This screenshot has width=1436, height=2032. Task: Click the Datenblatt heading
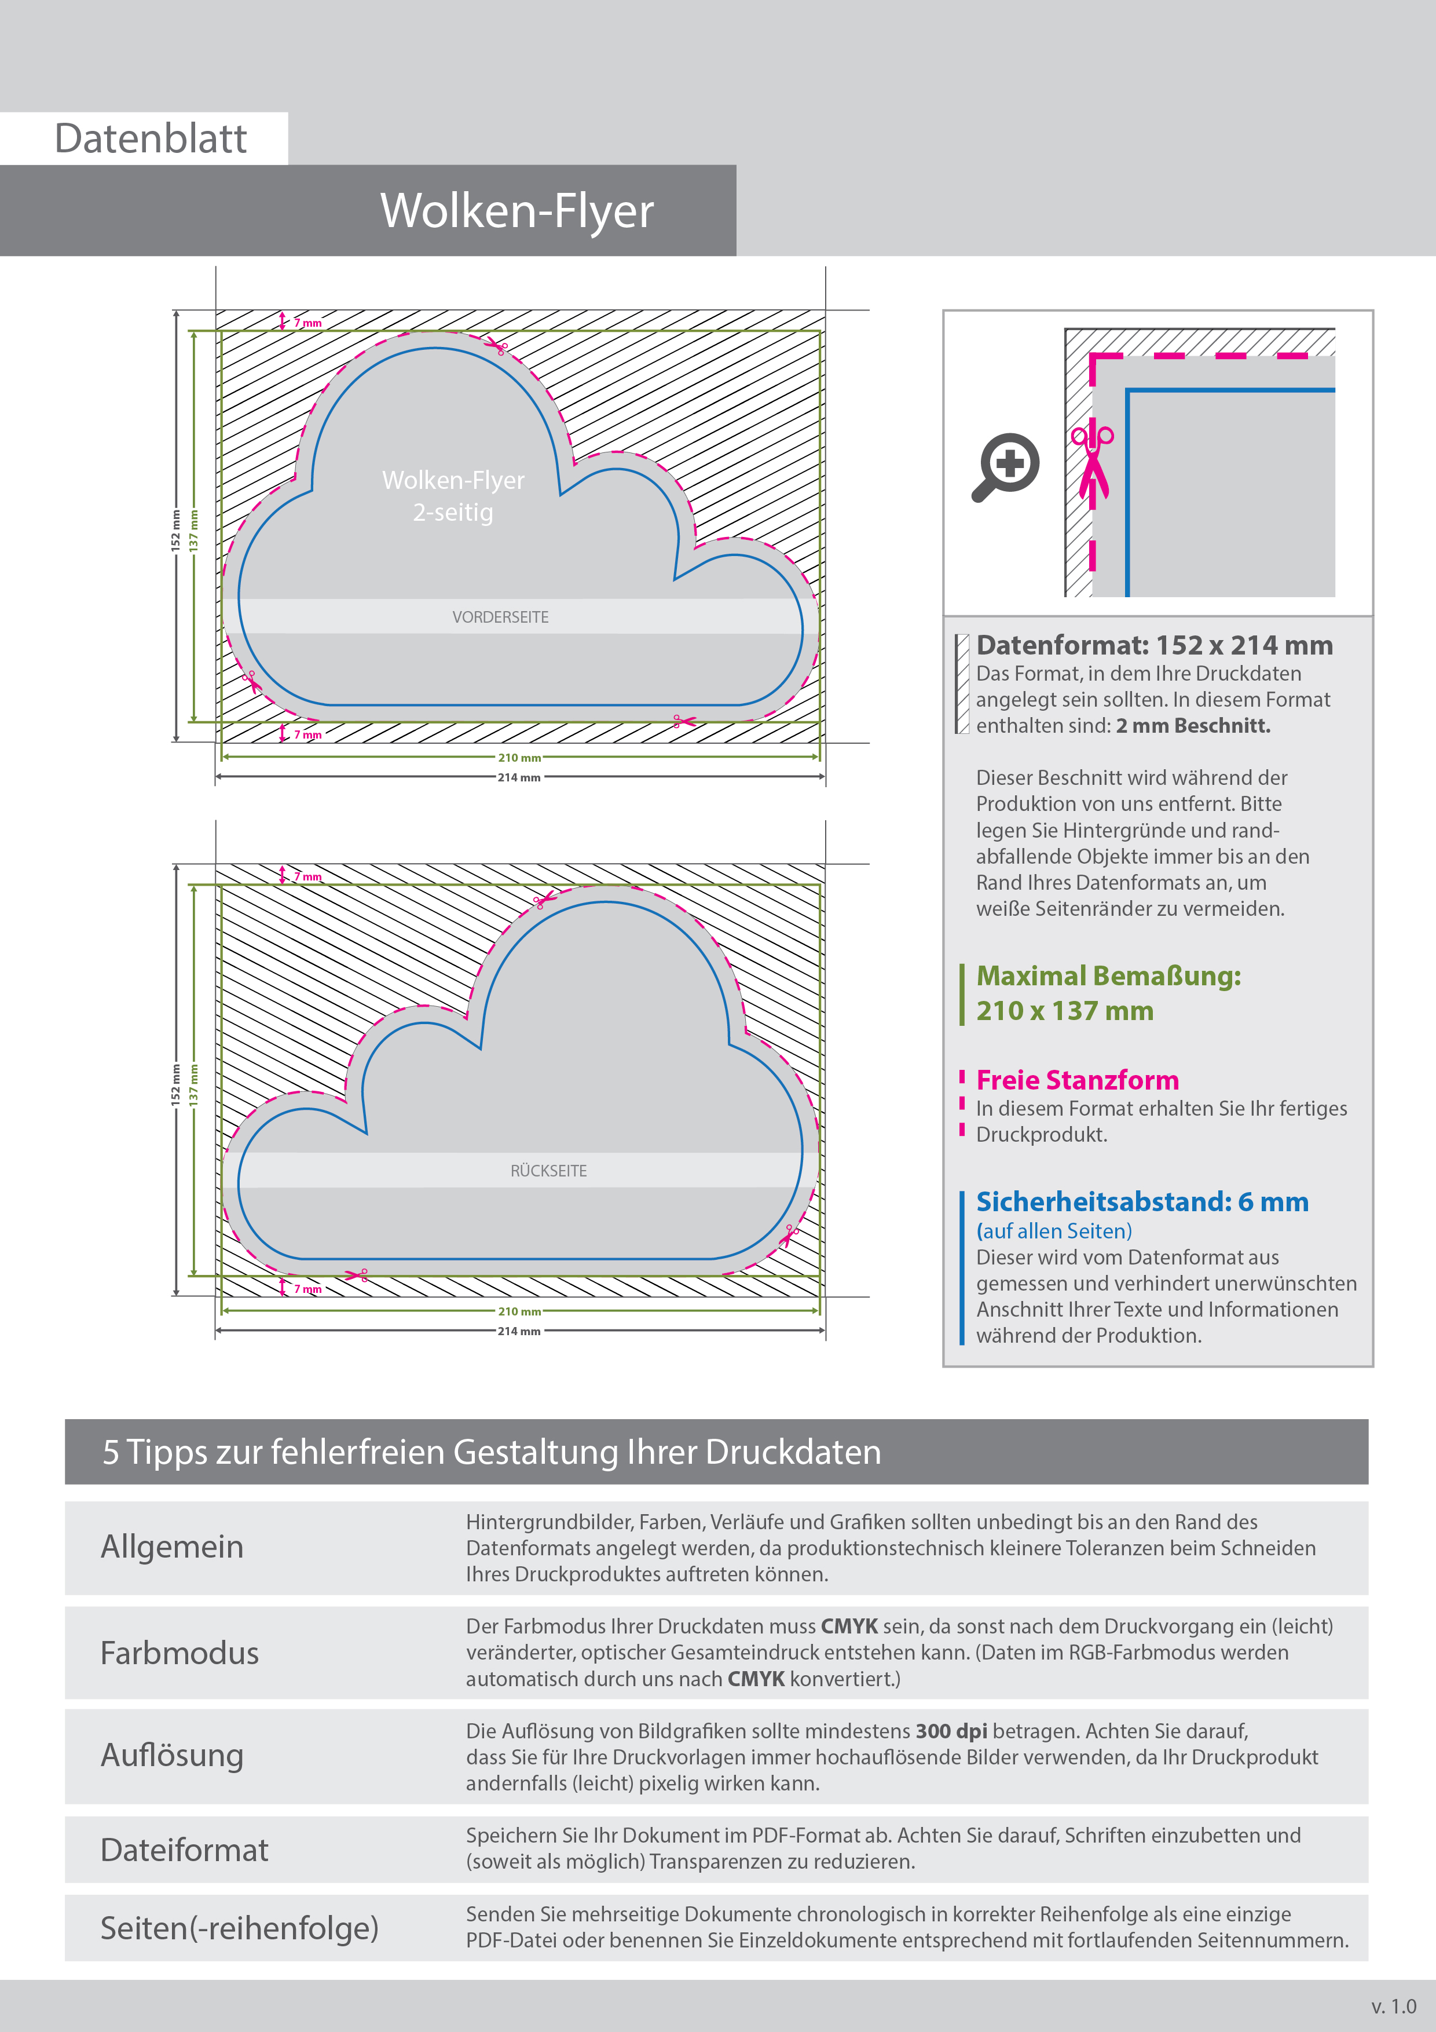point(151,139)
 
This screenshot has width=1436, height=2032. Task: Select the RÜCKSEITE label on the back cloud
point(548,1171)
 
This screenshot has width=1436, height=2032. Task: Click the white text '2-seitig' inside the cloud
point(453,513)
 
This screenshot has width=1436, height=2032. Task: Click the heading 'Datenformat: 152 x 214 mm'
point(1154,645)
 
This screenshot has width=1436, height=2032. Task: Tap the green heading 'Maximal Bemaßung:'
point(1108,976)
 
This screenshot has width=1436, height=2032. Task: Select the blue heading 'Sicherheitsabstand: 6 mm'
point(1141,1202)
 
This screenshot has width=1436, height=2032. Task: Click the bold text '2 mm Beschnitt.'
point(1193,726)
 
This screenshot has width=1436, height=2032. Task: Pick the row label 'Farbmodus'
point(179,1653)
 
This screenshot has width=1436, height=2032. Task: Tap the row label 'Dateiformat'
point(184,1850)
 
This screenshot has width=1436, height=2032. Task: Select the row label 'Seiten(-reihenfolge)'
point(239,1928)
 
